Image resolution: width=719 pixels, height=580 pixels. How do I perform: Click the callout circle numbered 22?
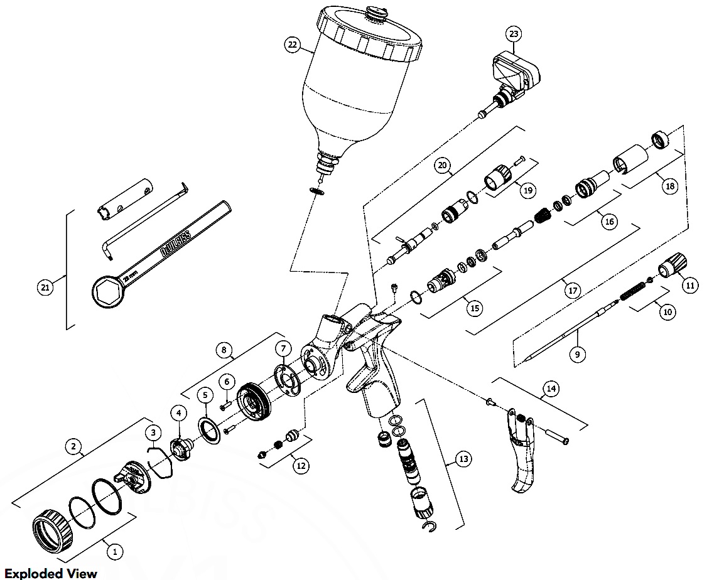[291, 45]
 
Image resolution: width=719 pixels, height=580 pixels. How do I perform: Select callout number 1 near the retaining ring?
[115, 552]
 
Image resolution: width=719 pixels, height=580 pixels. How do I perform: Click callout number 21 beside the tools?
[45, 288]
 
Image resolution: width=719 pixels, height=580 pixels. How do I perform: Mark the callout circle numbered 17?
[572, 291]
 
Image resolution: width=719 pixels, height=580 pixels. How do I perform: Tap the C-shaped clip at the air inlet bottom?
[430, 524]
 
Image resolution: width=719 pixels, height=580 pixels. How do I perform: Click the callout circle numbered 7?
[283, 348]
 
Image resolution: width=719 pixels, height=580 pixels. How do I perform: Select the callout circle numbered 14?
[551, 390]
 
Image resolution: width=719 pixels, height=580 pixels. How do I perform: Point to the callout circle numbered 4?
[180, 413]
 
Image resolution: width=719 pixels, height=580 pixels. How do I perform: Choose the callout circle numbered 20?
[443, 166]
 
